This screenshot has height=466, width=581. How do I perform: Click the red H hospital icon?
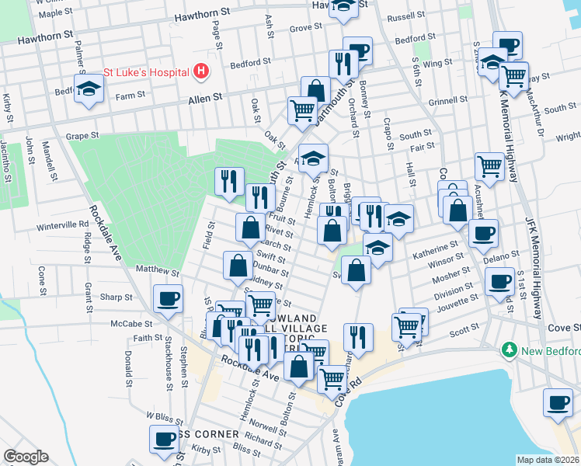(201, 71)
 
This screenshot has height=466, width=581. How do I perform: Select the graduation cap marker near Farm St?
(89, 87)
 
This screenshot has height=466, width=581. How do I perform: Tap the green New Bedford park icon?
(510, 350)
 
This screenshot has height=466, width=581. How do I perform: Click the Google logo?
(26, 457)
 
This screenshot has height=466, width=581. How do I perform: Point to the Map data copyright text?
(548, 460)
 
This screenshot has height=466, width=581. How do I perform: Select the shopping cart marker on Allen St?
(301, 109)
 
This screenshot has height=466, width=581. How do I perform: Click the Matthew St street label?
(157, 272)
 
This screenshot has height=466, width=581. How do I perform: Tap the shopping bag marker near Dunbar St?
(237, 266)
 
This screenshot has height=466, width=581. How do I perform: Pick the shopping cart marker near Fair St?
(489, 165)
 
